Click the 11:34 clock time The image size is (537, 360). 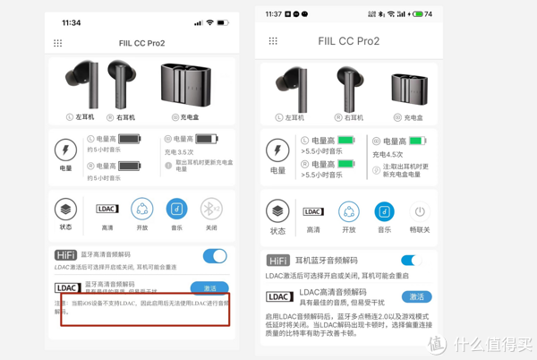point(72,22)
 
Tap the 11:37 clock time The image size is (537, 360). point(274,14)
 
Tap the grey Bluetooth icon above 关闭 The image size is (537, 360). point(211,209)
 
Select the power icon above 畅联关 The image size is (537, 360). point(419,211)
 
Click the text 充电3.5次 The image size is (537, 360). point(179,152)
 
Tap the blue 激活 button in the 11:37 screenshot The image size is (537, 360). point(416,296)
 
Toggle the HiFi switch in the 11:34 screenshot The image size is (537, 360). point(215,256)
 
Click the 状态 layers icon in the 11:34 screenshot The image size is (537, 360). point(65,209)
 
